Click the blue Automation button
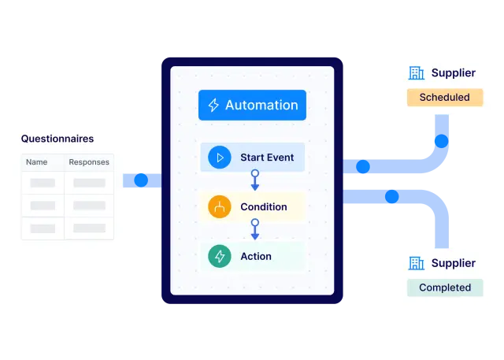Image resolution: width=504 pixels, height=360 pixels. click(x=252, y=106)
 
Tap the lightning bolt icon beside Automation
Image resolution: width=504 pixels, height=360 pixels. click(x=213, y=106)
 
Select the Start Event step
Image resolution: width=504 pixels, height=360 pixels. click(x=252, y=158)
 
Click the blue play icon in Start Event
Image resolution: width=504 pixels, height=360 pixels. click(x=219, y=158)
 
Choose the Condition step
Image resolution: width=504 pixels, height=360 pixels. click(x=252, y=207)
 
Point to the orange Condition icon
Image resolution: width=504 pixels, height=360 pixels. click(x=219, y=207)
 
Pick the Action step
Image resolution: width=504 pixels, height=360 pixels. click(x=252, y=257)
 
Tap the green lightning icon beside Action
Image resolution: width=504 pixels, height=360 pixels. click(x=219, y=257)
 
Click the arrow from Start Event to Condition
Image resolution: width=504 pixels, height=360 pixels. click(x=254, y=180)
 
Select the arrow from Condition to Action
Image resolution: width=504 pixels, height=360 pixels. click(x=254, y=230)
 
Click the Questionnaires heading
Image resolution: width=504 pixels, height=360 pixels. click(x=57, y=139)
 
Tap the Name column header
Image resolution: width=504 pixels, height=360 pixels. click(x=37, y=162)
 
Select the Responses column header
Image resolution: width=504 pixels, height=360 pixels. click(x=89, y=162)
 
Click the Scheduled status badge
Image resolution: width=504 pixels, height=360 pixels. click(x=444, y=98)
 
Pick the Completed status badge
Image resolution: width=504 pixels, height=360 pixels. click(x=445, y=288)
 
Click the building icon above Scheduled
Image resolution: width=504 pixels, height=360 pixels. click(x=416, y=73)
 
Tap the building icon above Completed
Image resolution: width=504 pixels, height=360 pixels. click(x=416, y=263)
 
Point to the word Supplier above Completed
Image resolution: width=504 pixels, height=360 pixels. click(x=454, y=263)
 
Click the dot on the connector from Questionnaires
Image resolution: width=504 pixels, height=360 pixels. click(x=141, y=180)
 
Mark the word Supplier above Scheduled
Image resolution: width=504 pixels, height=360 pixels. click(x=454, y=73)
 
